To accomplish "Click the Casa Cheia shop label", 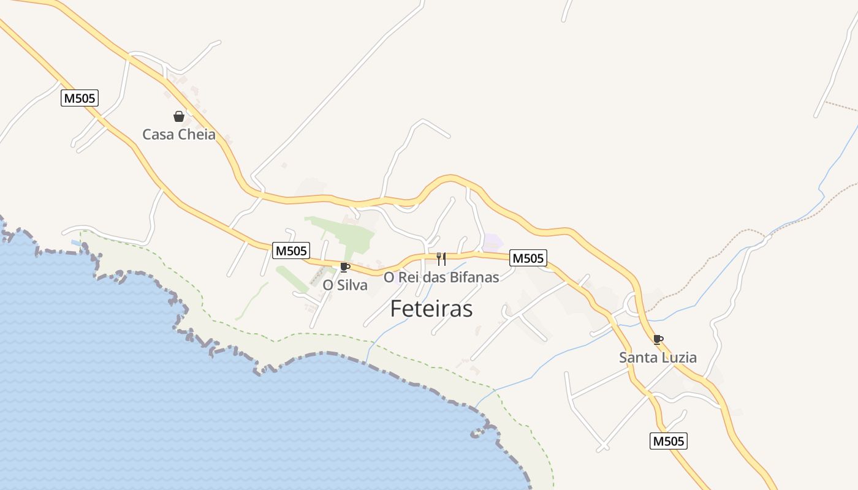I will click(x=179, y=134).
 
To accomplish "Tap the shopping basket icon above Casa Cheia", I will click(x=179, y=116).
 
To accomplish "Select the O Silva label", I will click(x=345, y=285).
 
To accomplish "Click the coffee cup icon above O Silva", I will click(x=344, y=267).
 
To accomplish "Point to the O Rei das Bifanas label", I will click(x=441, y=277).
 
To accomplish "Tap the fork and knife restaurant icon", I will click(x=441, y=258).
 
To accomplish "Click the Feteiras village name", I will click(x=431, y=309).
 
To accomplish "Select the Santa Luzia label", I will click(x=658, y=357).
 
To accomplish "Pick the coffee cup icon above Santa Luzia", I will click(x=658, y=339).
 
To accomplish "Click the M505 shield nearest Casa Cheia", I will click(x=80, y=98).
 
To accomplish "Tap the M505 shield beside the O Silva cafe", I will click(x=291, y=250).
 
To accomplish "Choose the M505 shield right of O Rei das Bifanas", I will click(x=528, y=258).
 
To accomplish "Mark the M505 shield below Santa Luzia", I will click(x=669, y=440).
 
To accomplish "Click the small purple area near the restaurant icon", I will click(x=493, y=243).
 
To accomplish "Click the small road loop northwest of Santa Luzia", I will click(x=631, y=303).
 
